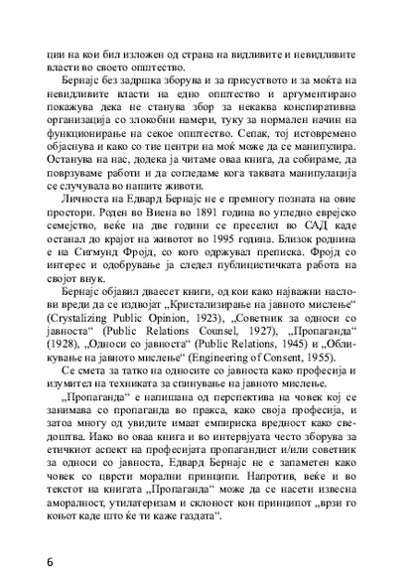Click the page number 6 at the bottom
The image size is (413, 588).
[x=50, y=562]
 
